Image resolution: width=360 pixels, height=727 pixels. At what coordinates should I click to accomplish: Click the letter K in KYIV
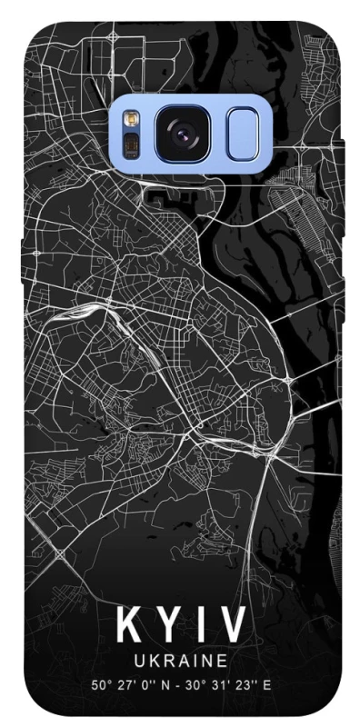tap(128, 627)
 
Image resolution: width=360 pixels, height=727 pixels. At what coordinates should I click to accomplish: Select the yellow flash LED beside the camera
tap(130, 122)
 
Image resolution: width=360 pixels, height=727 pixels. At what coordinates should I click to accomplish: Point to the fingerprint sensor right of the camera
tap(243, 134)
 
